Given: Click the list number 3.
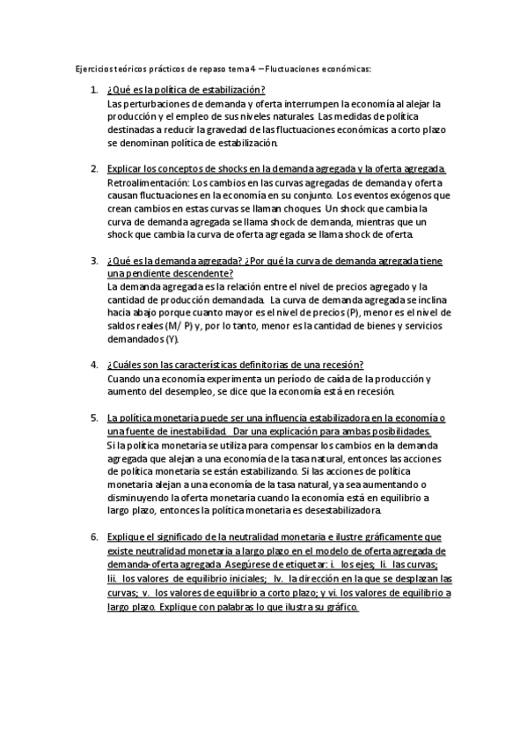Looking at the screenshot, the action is (x=94, y=262).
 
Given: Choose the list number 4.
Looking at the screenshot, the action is (x=94, y=366).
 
